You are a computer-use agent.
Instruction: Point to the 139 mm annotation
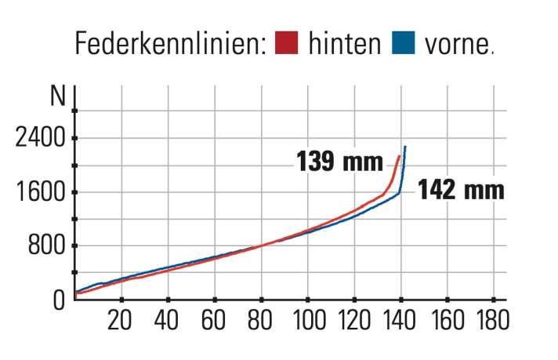pos(339,162)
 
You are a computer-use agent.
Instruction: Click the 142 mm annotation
pos(460,190)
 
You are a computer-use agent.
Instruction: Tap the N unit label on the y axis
pos(57,97)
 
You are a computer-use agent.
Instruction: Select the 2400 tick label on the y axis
pos(41,139)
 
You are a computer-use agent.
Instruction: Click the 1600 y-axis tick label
pos(41,193)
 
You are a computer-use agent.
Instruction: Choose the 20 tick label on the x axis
pos(121,321)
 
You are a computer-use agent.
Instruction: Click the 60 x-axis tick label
pos(214,321)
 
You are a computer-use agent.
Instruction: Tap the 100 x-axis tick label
pos(308,321)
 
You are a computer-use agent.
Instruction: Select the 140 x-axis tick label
pos(400,321)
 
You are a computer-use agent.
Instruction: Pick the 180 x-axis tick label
pos(493,321)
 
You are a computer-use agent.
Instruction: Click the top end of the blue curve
pos(405,147)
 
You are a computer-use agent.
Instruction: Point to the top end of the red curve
pos(399,156)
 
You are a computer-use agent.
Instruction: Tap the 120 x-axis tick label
pos(354,321)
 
